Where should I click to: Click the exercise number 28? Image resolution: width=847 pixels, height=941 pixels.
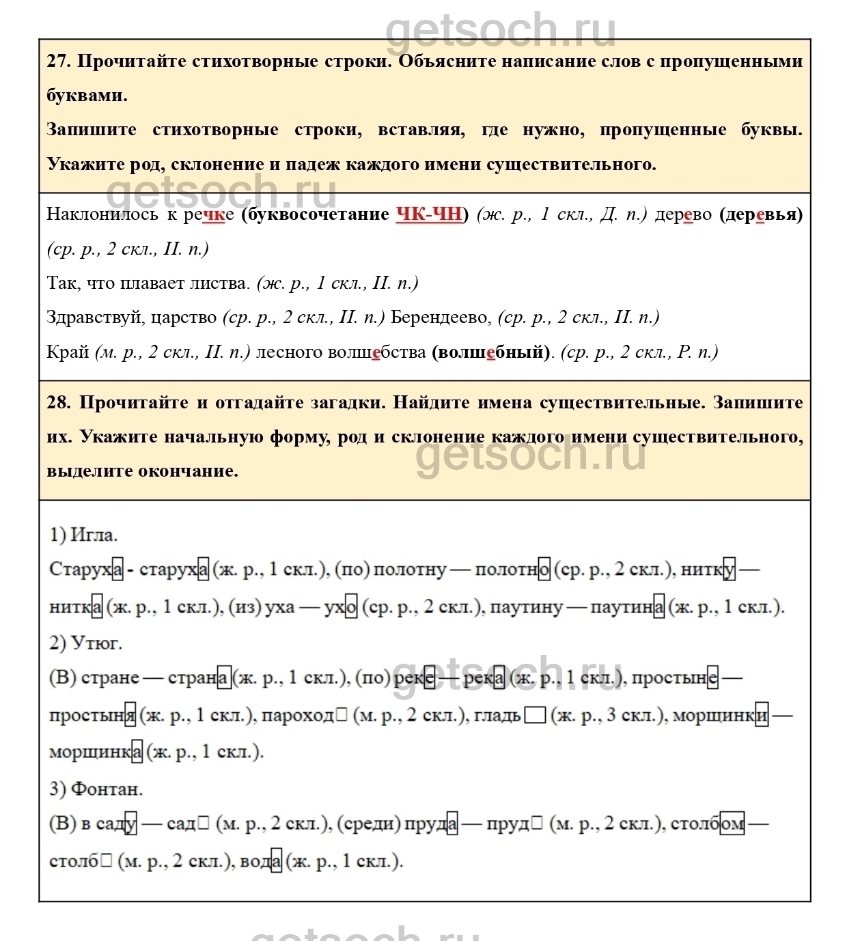tap(58, 402)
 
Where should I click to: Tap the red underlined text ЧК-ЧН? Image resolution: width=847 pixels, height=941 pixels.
tap(429, 214)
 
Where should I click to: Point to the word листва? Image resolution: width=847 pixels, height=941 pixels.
tap(221, 283)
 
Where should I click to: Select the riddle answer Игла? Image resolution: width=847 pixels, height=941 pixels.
tap(94, 535)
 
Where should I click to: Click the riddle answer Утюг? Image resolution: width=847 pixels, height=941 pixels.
tap(96, 643)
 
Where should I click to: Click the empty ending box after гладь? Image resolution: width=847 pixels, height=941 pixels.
tap(537, 716)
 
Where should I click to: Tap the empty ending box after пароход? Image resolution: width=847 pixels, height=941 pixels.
tap(342, 716)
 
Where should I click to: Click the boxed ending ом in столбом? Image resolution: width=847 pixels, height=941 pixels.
tap(732, 824)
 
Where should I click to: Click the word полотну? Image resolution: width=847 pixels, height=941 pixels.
tap(410, 570)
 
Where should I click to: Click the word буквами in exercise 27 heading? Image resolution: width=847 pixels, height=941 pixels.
tap(87, 96)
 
